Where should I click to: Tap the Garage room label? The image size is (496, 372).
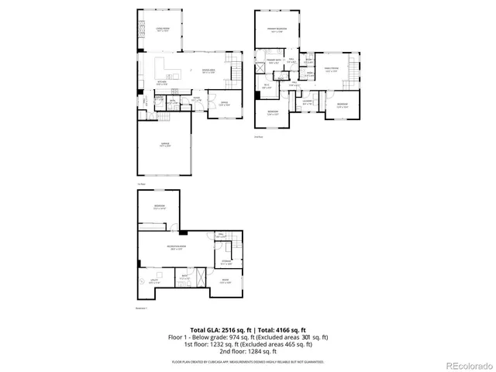click(x=164, y=145)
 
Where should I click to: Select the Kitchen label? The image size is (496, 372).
click(x=162, y=82)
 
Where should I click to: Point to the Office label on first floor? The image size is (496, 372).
click(x=222, y=102)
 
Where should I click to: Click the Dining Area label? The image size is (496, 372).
click(x=208, y=71)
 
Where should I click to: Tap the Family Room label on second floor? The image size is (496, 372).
click(x=331, y=70)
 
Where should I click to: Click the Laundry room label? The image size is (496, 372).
click(x=308, y=102)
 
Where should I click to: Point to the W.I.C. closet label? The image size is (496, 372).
click(x=267, y=86)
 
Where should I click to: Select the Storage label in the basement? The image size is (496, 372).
click(x=226, y=263)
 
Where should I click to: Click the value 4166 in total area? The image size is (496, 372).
click(x=283, y=330)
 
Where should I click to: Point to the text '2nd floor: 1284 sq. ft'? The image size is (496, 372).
click(x=248, y=351)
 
